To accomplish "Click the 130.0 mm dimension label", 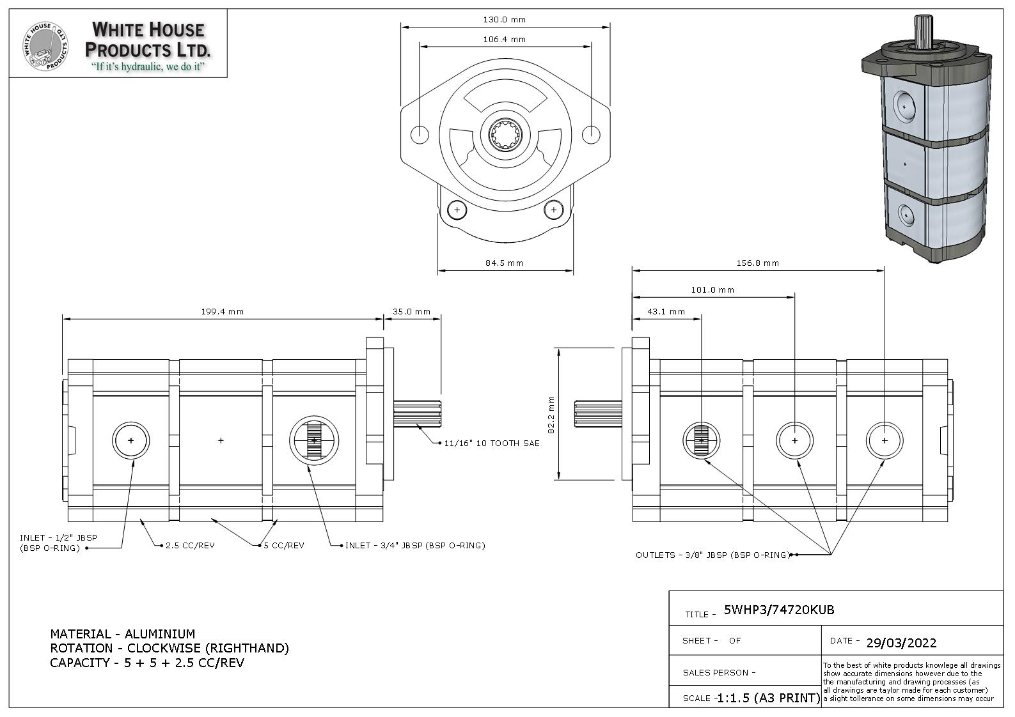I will coord(504,20).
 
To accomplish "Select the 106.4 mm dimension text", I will coord(504,40).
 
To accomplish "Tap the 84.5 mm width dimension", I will coord(504,263).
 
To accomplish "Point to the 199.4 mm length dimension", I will coord(223,312).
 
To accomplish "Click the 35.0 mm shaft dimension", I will coord(411,312).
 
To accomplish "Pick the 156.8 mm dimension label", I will coord(757,263).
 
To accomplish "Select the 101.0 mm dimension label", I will coord(712,290).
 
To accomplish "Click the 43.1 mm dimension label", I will coord(666,312).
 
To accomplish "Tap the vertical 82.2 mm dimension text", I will coord(551,415).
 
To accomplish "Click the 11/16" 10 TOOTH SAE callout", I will coord(492,443).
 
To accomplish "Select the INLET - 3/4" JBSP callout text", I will coord(415,546).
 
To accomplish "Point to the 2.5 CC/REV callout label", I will coord(190,546).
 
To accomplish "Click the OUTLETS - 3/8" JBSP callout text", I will coord(712,555).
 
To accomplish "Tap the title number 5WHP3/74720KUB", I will coord(779,610).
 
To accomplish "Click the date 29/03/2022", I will coord(901,643).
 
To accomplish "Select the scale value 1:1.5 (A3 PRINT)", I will coord(768,698).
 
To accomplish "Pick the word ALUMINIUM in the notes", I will coord(160,634).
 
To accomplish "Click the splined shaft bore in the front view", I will coord(506,135).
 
